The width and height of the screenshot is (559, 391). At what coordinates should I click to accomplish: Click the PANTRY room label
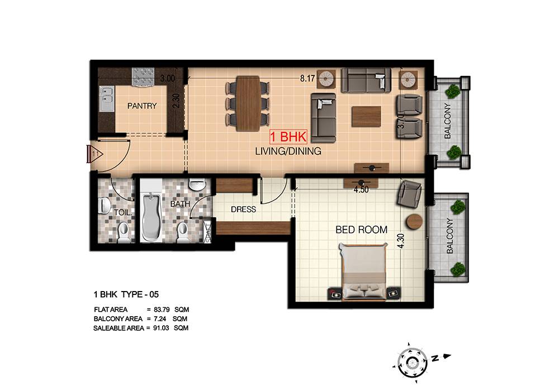(142, 106)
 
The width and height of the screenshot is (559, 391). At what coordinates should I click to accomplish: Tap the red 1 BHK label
(288, 137)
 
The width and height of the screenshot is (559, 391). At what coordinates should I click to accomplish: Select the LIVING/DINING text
(288, 151)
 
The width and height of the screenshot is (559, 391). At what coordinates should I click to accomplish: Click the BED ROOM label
(361, 230)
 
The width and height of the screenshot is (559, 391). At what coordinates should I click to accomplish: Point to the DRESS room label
(244, 209)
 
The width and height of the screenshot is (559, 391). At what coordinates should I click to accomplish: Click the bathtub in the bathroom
(151, 217)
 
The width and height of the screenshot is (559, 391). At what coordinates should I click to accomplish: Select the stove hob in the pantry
(143, 77)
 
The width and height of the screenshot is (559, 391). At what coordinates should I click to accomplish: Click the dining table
(248, 104)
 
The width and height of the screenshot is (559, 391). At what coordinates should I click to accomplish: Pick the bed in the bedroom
(364, 271)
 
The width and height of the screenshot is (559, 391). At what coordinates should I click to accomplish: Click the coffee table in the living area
(366, 116)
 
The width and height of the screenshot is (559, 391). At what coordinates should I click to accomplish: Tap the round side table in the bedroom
(414, 222)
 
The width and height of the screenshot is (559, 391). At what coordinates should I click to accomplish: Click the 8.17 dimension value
(307, 78)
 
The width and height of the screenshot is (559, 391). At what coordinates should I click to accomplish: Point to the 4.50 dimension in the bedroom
(361, 190)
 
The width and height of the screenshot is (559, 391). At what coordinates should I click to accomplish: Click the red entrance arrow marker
(94, 154)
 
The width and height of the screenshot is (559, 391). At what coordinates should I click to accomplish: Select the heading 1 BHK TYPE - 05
(126, 294)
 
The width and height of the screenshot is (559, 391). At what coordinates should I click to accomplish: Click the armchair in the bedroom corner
(409, 193)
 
